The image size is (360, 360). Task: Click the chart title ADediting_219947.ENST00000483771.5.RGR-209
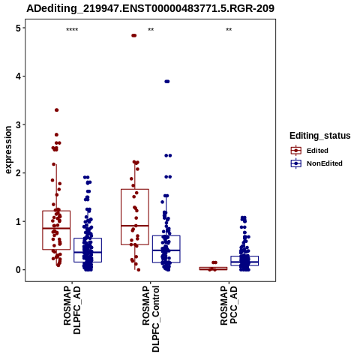[150, 8]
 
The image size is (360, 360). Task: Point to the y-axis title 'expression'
[8, 150]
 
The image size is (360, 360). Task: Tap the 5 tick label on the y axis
[18, 28]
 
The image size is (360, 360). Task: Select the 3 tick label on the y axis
[18, 124]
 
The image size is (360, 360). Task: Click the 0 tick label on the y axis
[18, 270]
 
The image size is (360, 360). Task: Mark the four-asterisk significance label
[72, 30]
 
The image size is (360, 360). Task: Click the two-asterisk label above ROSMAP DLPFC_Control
[151, 30]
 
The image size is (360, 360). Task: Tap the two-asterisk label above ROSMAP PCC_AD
[229, 30]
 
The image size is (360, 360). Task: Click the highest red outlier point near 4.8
[134, 35]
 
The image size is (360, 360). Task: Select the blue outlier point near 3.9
[167, 82]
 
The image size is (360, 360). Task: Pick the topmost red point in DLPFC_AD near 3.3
[57, 110]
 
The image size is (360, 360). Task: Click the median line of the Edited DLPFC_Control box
[135, 226]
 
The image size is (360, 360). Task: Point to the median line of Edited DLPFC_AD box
[56, 228]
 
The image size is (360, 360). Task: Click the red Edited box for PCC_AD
[214, 268]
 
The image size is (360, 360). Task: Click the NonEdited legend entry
[316, 163]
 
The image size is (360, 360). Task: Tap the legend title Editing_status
[320, 136]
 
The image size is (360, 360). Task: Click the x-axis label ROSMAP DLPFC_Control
[151, 319]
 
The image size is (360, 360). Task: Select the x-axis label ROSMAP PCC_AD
[229, 305]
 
